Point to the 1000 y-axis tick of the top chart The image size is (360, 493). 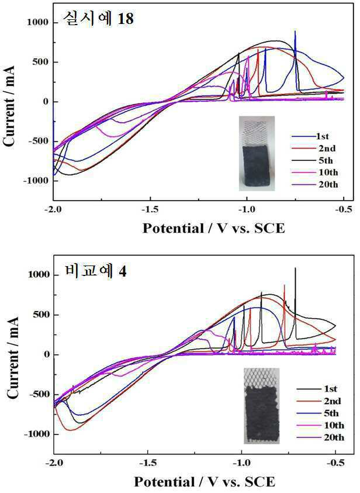[x=38, y=22]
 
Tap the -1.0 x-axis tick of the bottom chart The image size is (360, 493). [x=242, y=463]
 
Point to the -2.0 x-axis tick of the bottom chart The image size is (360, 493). [x=54, y=463]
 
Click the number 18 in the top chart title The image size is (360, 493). [x=125, y=19]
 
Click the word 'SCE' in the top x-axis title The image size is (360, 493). [x=269, y=228]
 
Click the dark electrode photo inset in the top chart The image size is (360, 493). [x=257, y=153]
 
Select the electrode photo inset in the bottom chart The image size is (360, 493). [x=262, y=406]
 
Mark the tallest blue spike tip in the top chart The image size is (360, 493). [x=295, y=31]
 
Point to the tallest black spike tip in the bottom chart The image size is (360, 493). [x=295, y=268]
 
